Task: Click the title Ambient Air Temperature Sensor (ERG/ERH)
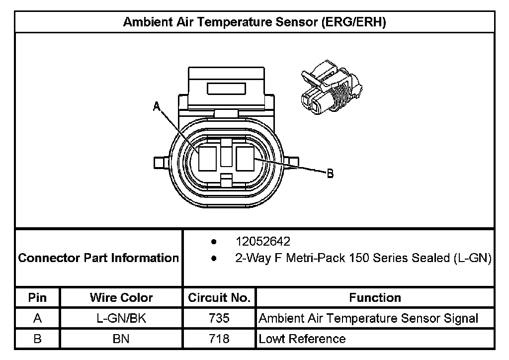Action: click(x=254, y=22)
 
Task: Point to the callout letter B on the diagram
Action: click(x=330, y=174)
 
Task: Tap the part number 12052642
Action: click(x=263, y=242)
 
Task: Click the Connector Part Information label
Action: click(x=98, y=258)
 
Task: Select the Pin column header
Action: click(x=38, y=298)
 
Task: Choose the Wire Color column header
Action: click(x=121, y=298)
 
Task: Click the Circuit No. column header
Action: click(x=219, y=298)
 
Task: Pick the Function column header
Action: click(x=375, y=298)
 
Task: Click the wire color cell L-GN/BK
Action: click(x=121, y=318)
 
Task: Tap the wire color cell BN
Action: click(x=121, y=339)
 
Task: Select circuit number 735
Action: click(x=219, y=318)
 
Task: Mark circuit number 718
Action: click(x=219, y=339)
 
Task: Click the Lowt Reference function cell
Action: click(x=302, y=339)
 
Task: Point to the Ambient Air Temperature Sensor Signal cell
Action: click(x=368, y=318)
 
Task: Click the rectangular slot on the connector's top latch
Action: click(x=227, y=89)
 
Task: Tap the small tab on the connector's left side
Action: click(x=160, y=163)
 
